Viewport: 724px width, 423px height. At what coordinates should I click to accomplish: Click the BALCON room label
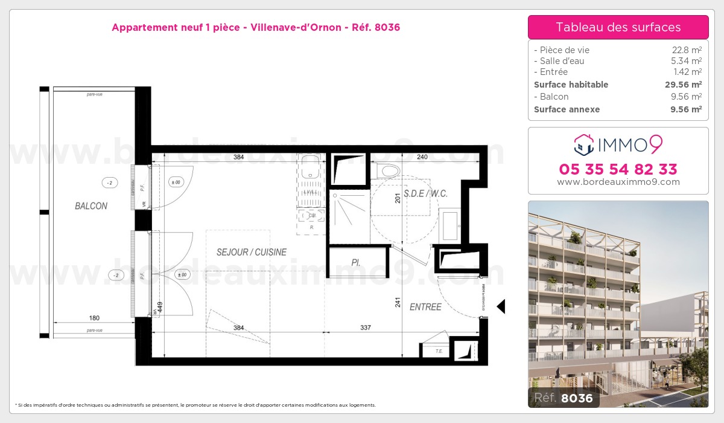(91, 206)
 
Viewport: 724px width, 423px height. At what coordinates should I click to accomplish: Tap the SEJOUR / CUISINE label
(251, 252)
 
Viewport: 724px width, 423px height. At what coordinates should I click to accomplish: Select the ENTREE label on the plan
(425, 307)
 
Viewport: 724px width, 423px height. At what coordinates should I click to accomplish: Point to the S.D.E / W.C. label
(425, 194)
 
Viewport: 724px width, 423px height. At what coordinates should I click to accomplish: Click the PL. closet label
(357, 262)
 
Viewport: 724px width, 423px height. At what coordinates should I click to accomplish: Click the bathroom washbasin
(449, 225)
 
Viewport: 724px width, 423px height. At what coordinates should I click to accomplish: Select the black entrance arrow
(500, 307)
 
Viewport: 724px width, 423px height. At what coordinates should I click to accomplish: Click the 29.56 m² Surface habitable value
(683, 85)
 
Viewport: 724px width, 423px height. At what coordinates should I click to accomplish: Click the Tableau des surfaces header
(618, 27)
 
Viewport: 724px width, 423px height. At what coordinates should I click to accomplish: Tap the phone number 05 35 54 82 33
(618, 169)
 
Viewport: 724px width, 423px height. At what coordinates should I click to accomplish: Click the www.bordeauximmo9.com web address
(618, 182)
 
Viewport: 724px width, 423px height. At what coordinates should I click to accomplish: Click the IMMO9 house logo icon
(583, 144)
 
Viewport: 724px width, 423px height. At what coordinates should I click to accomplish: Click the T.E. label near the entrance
(439, 350)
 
